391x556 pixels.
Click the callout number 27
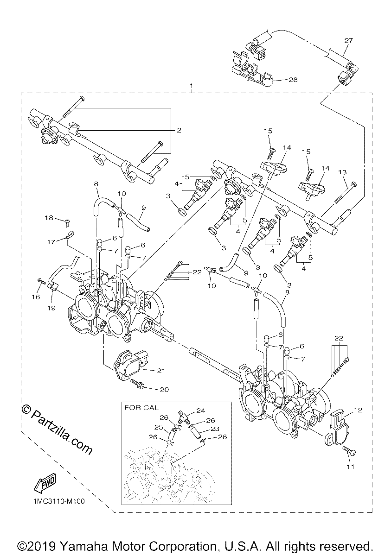point(348,40)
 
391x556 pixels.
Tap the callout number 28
point(293,80)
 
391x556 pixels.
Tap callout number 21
point(161,371)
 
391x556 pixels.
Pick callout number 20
point(164,390)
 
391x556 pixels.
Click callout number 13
point(342,172)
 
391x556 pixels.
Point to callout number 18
point(49,218)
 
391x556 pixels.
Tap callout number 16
point(36,297)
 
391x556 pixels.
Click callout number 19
point(51,308)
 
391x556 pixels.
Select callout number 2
point(179,130)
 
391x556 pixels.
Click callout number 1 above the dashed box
point(191,86)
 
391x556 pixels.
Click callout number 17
point(51,242)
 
